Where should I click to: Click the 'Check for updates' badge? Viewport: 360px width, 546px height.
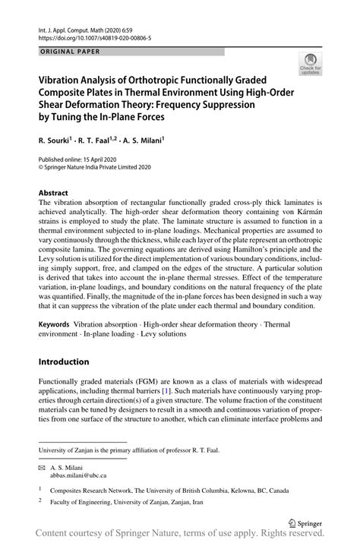[310, 65]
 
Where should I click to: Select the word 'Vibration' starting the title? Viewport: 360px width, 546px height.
[63, 78]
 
